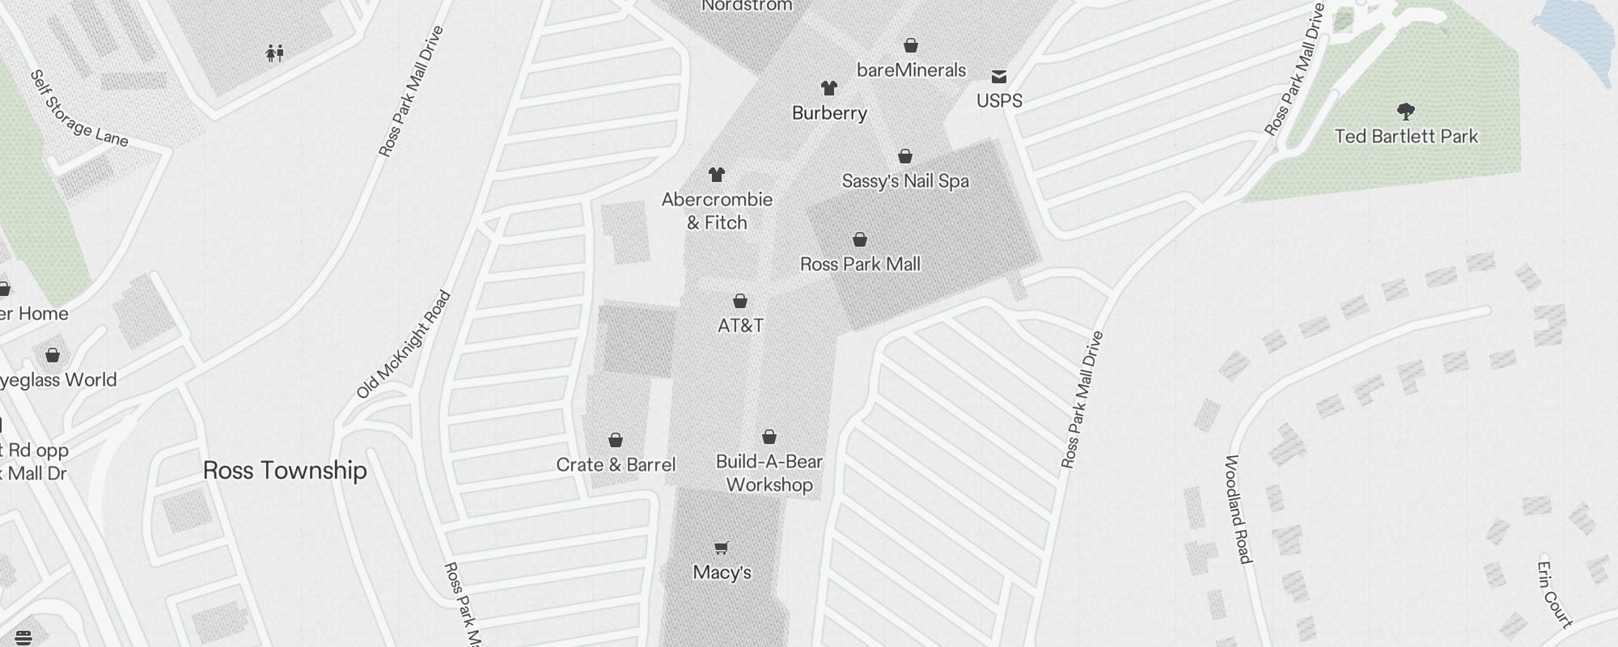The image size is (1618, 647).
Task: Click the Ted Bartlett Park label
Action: [x=1406, y=136]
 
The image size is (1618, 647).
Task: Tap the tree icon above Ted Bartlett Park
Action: [x=1406, y=111]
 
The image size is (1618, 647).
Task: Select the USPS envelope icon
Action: [x=999, y=77]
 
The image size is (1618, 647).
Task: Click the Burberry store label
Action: [x=829, y=113]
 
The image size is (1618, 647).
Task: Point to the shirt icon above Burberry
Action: [x=828, y=87]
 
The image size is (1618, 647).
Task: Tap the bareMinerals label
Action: [x=911, y=70]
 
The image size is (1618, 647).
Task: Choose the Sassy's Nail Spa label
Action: [x=905, y=181]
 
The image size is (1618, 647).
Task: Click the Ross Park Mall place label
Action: [x=860, y=264]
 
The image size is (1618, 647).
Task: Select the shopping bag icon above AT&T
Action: [x=739, y=301]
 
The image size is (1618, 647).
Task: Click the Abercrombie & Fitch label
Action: [x=717, y=211]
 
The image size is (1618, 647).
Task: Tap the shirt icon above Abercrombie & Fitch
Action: [x=716, y=174]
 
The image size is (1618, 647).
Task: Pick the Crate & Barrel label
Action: [x=616, y=465]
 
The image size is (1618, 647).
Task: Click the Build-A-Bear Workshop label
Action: [x=769, y=473]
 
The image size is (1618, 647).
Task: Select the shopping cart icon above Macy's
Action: [x=722, y=548]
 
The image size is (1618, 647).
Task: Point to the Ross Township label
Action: [x=285, y=471]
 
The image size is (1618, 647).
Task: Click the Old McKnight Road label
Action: [x=404, y=345]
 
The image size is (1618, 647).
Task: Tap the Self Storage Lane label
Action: [x=79, y=109]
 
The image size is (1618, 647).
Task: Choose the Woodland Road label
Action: [x=1238, y=509]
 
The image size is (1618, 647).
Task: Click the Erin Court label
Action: [x=1554, y=594]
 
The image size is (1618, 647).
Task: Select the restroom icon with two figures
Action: [x=275, y=54]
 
